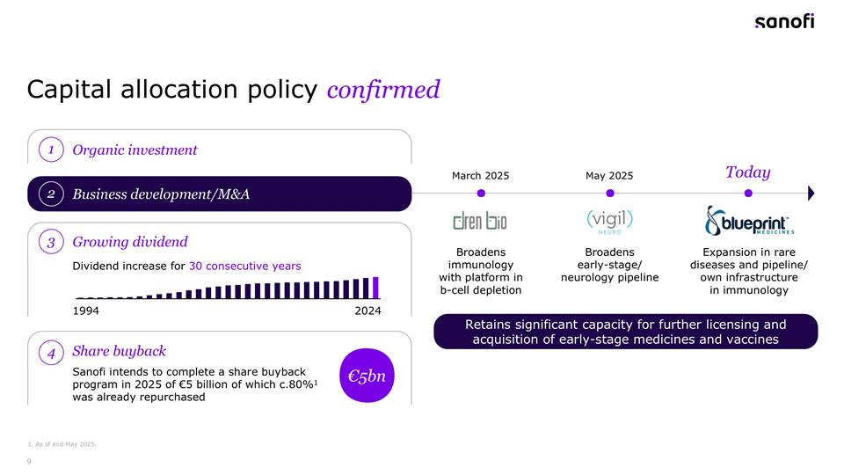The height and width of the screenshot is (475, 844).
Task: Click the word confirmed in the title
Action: [382, 90]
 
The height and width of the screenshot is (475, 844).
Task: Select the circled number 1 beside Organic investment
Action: [52, 150]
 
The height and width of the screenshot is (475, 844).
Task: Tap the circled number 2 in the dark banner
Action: [52, 194]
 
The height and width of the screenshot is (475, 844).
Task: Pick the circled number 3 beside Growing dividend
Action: [52, 242]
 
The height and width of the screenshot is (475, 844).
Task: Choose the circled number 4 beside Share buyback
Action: [52, 353]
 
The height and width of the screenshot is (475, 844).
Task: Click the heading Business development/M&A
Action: [161, 194]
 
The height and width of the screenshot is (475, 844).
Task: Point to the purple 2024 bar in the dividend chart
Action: [376, 288]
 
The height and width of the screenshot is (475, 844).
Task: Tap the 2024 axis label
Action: [367, 311]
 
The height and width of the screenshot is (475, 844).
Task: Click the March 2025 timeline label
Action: [480, 176]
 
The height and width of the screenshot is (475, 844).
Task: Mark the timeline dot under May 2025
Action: [609, 193]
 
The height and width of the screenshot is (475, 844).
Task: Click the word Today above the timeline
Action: [747, 172]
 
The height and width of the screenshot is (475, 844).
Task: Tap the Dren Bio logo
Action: [480, 220]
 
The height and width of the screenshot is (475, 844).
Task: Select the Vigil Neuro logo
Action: [609, 220]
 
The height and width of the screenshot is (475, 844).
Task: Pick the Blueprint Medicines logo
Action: [749, 221]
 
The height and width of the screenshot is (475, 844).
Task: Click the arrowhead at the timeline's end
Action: [810, 193]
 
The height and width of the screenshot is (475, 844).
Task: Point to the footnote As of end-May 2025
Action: [62, 443]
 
